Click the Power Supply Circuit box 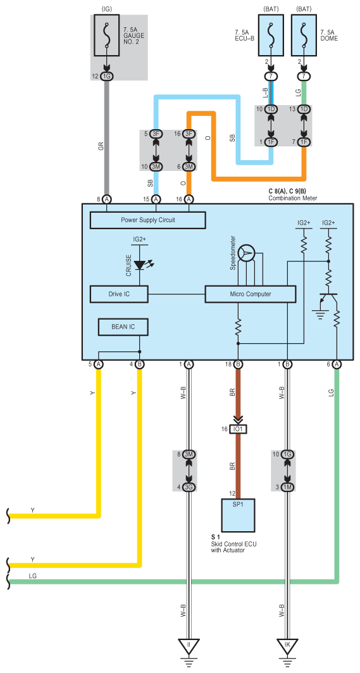pos(147,220)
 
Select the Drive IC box pos(119,294)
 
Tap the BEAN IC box pos(123,327)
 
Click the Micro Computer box pos(251,294)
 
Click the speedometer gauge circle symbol pos(247,254)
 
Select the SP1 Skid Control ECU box pos(238,515)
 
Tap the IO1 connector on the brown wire pos(238,429)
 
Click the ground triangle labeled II pos(189,646)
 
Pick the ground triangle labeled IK pos(287,646)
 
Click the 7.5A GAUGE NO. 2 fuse pos(106,37)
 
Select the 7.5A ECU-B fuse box pos(271,35)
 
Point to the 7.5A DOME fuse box pos(304,35)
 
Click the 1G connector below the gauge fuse pos(106,76)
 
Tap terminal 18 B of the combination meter pos(238,365)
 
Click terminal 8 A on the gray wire pos(106,199)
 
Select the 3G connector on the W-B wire pos(189,487)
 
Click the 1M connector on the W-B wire pos(287,487)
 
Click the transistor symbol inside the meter pos(328,301)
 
